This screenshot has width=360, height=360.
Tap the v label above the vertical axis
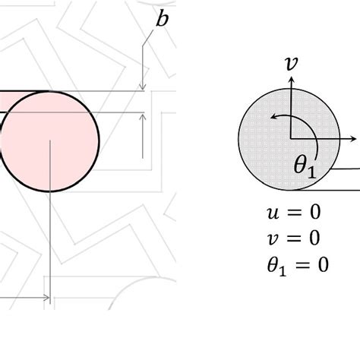pos(290,64)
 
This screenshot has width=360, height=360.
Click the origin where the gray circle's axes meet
pos(290,140)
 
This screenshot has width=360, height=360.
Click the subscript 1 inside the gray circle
pos(311,170)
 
